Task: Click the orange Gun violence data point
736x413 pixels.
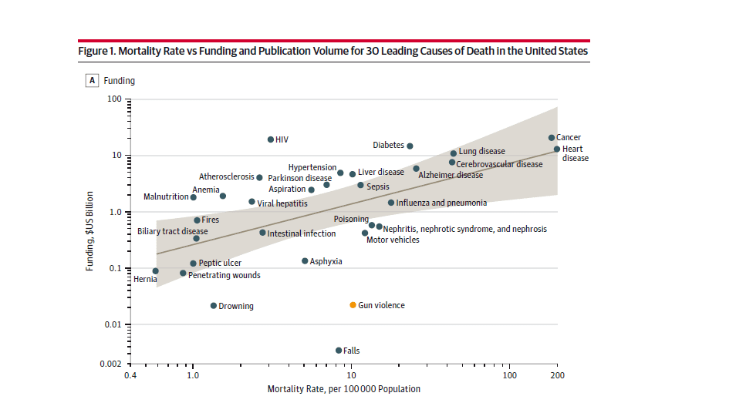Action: [353, 305]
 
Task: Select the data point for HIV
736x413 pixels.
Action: [271, 139]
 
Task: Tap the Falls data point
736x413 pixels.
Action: [339, 351]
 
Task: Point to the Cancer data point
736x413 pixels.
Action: [552, 138]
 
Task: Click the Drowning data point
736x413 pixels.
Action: [214, 306]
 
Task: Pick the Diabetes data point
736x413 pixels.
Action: [410, 146]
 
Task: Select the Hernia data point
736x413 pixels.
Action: [156, 271]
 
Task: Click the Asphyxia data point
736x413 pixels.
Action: [305, 261]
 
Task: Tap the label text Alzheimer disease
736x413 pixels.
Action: [451, 176]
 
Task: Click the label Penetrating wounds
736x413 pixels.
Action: [225, 275]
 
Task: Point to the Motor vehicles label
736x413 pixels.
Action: [393, 240]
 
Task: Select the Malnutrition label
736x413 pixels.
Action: [166, 197]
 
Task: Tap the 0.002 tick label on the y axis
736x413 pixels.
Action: [111, 364]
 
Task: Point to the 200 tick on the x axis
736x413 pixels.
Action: [557, 377]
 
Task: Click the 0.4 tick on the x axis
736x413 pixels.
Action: [130, 377]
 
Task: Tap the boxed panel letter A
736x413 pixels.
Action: [93, 80]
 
